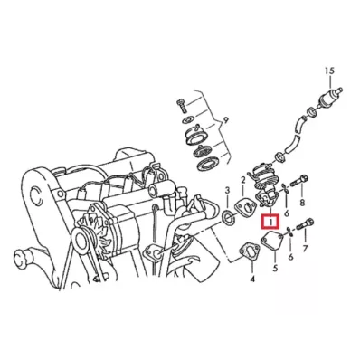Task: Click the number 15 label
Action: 330,71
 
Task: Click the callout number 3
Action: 226,189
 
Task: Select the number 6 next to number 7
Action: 289,258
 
